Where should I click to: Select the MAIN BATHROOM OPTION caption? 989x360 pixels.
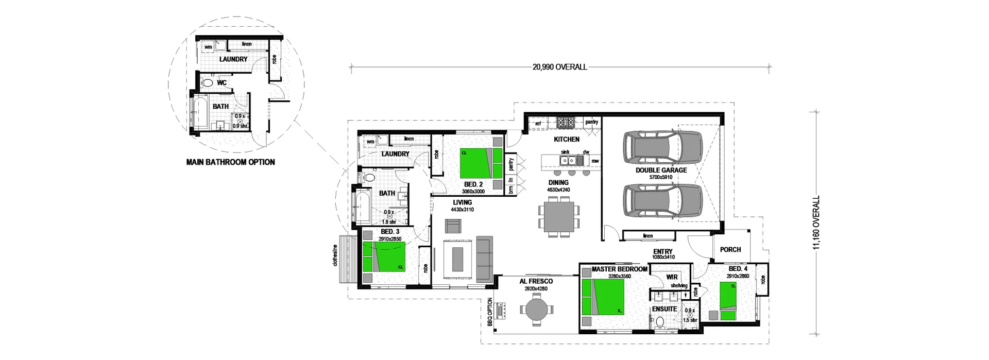230,162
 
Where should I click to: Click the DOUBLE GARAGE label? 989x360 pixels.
661,170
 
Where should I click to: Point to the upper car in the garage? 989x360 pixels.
662,150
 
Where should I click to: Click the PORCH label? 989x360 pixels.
730,250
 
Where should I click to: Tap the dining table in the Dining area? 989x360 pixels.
559,217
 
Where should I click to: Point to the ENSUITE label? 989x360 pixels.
664,309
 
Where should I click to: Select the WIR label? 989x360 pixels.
672,277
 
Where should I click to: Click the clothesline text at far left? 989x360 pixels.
335,261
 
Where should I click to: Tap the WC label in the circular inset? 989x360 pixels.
221,82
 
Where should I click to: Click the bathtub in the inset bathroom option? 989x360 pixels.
200,114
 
